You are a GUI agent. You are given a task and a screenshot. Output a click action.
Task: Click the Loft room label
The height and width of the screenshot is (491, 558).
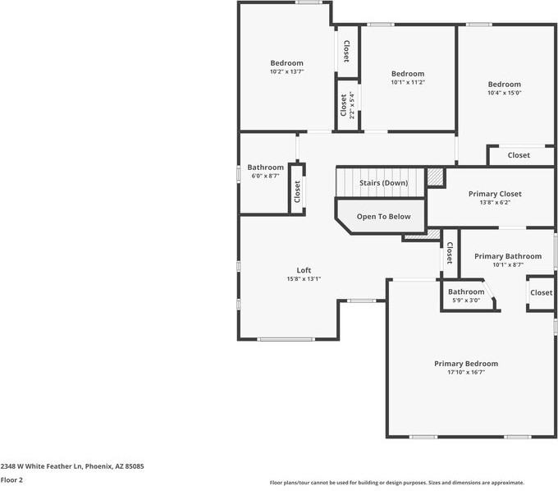pos(304,270)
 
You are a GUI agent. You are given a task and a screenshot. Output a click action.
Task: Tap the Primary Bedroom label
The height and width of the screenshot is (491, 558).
pos(465,363)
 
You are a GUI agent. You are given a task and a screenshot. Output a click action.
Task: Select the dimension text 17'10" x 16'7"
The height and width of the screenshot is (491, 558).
pos(465,372)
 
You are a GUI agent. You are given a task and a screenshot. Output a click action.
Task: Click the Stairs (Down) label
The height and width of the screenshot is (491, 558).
pos(383,182)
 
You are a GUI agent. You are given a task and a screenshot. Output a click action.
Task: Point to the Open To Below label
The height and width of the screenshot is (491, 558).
pos(383,217)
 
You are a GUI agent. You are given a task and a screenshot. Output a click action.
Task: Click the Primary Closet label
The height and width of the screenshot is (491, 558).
pos(495,194)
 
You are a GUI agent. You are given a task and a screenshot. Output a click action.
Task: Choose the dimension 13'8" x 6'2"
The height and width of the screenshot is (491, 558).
pos(495,202)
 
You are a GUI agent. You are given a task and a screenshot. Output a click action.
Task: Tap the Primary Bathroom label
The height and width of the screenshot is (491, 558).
pos(507,256)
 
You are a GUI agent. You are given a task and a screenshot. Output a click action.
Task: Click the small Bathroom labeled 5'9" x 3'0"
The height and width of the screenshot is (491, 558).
pos(466,291)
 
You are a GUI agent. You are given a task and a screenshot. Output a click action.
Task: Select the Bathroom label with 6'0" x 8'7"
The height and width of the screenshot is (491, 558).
pos(266,167)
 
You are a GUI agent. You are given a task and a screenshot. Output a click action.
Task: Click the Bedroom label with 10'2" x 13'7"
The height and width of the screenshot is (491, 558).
pos(286,63)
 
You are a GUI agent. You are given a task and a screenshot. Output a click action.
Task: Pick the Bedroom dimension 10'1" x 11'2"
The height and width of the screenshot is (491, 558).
pos(407,82)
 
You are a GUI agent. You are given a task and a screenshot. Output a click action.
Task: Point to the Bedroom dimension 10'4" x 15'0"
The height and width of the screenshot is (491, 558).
pos(504,93)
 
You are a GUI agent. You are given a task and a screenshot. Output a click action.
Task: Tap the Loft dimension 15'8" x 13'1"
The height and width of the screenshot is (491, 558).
pos(304,279)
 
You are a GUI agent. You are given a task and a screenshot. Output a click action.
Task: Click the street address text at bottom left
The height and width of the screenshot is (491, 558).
pos(72,466)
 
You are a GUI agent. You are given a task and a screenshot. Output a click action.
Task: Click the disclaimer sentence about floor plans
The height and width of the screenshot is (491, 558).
pos(397,483)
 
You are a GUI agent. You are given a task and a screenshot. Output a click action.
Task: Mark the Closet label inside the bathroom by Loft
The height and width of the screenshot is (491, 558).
pos(297,192)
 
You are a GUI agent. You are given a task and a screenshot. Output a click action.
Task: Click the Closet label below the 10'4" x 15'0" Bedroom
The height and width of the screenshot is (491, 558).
pos(519,155)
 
